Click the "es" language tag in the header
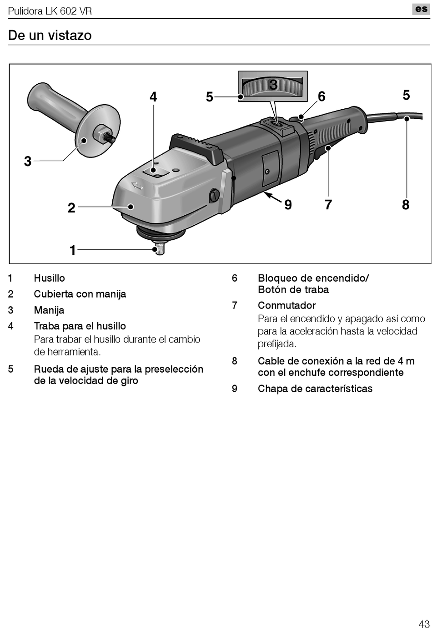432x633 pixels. tap(421, 9)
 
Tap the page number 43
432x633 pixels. tap(423, 623)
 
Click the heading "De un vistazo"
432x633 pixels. tap(50, 35)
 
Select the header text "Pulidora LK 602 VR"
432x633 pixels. tap(50, 11)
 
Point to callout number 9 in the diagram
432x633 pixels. tap(288, 205)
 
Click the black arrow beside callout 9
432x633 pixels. tap(273, 197)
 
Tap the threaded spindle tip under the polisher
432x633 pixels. tap(159, 249)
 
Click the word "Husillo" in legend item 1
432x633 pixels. tap(50, 278)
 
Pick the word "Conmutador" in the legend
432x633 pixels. tap(286, 305)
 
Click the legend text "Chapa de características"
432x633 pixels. tap(315, 389)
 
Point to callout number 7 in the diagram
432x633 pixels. tap(328, 205)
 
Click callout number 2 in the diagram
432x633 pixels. tap(71, 208)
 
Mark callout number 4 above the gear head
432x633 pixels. tap(153, 97)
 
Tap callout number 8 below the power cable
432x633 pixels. tap(406, 205)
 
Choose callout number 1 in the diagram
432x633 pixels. tap(72, 250)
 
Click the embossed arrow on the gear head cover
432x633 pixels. tap(137, 186)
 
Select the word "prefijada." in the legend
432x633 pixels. tap(277, 344)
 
